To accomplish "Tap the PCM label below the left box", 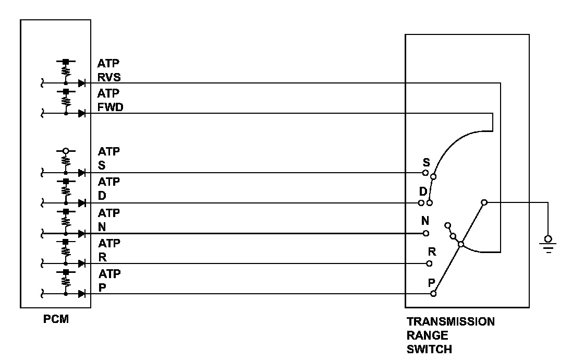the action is pos(55,319).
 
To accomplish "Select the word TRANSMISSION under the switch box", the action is pos(451,321).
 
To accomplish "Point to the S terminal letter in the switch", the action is pos(427,162).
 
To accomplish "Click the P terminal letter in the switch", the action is pos(432,283).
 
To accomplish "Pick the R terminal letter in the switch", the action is pos(432,252).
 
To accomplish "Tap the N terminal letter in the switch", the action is pos(425,221).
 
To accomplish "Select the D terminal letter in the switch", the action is pos(423,192).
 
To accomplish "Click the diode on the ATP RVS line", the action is pos(81,83).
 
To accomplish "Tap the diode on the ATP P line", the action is pos(81,294).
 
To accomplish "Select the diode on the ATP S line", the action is pos(81,173).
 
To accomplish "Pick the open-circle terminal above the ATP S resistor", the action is pos(66,152).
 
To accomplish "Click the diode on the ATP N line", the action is pos(81,233).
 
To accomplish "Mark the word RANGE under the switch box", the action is pos(427,335).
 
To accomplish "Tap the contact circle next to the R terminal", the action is pos(430,263).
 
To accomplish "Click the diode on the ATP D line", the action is pos(81,203).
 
